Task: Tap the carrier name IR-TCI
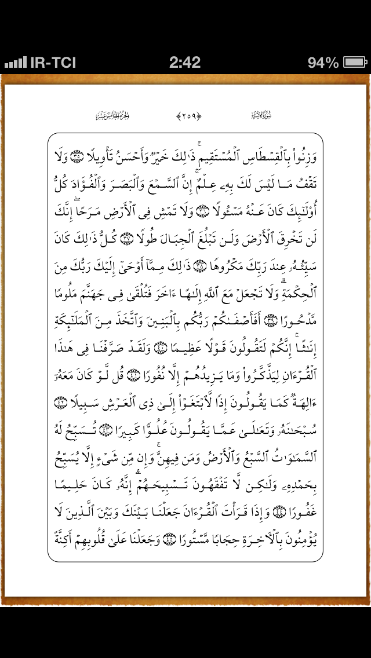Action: pos(53,63)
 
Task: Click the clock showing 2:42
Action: pos(185,63)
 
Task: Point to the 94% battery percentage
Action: pos(323,63)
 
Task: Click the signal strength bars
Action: pos(15,63)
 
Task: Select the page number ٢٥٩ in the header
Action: pos(188,115)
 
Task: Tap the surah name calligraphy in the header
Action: pos(261,115)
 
